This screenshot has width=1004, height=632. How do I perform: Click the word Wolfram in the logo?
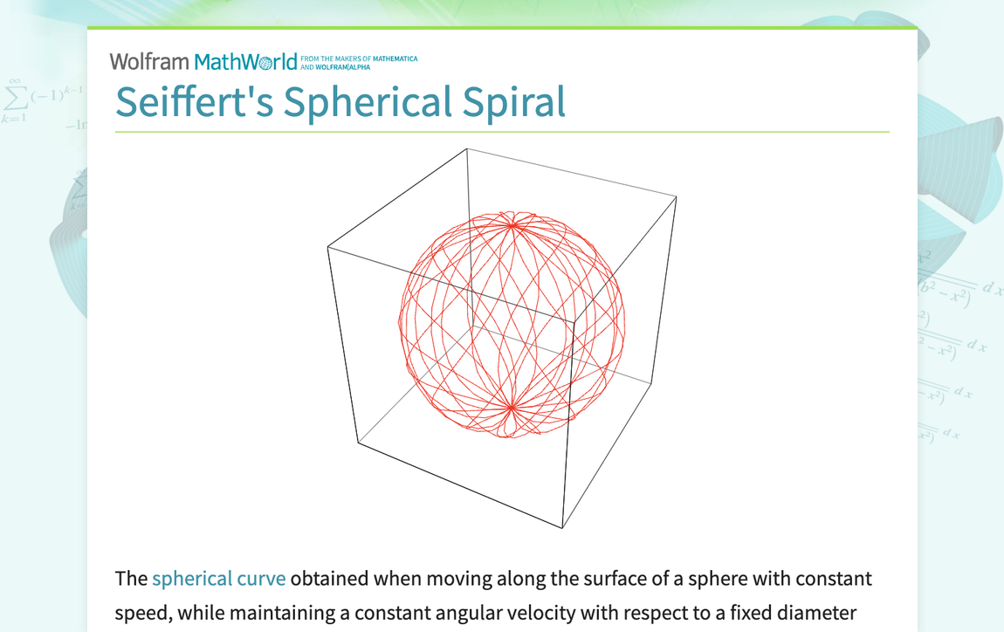pyautogui.click(x=148, y=62)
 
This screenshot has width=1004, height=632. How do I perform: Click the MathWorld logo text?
pyautogui.click(x=246, y=62)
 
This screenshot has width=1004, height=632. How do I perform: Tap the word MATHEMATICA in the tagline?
pyautogui.click(x=395, y=59)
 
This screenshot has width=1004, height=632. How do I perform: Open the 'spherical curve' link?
pyautogui.click(x=218, y=579)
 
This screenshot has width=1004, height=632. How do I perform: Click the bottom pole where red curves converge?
pyautogui.click(x=511, y=407)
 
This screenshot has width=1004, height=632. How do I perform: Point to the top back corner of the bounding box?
pyautogui.click(x=467, y=148)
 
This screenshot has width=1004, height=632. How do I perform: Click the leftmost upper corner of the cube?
pyautogui.click(x=327, y=247)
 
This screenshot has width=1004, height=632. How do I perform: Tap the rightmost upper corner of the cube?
pyautogui.click(x=677, y=197)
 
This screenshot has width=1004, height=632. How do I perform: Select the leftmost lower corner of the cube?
pyautogui.click(x=358, y=443)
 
